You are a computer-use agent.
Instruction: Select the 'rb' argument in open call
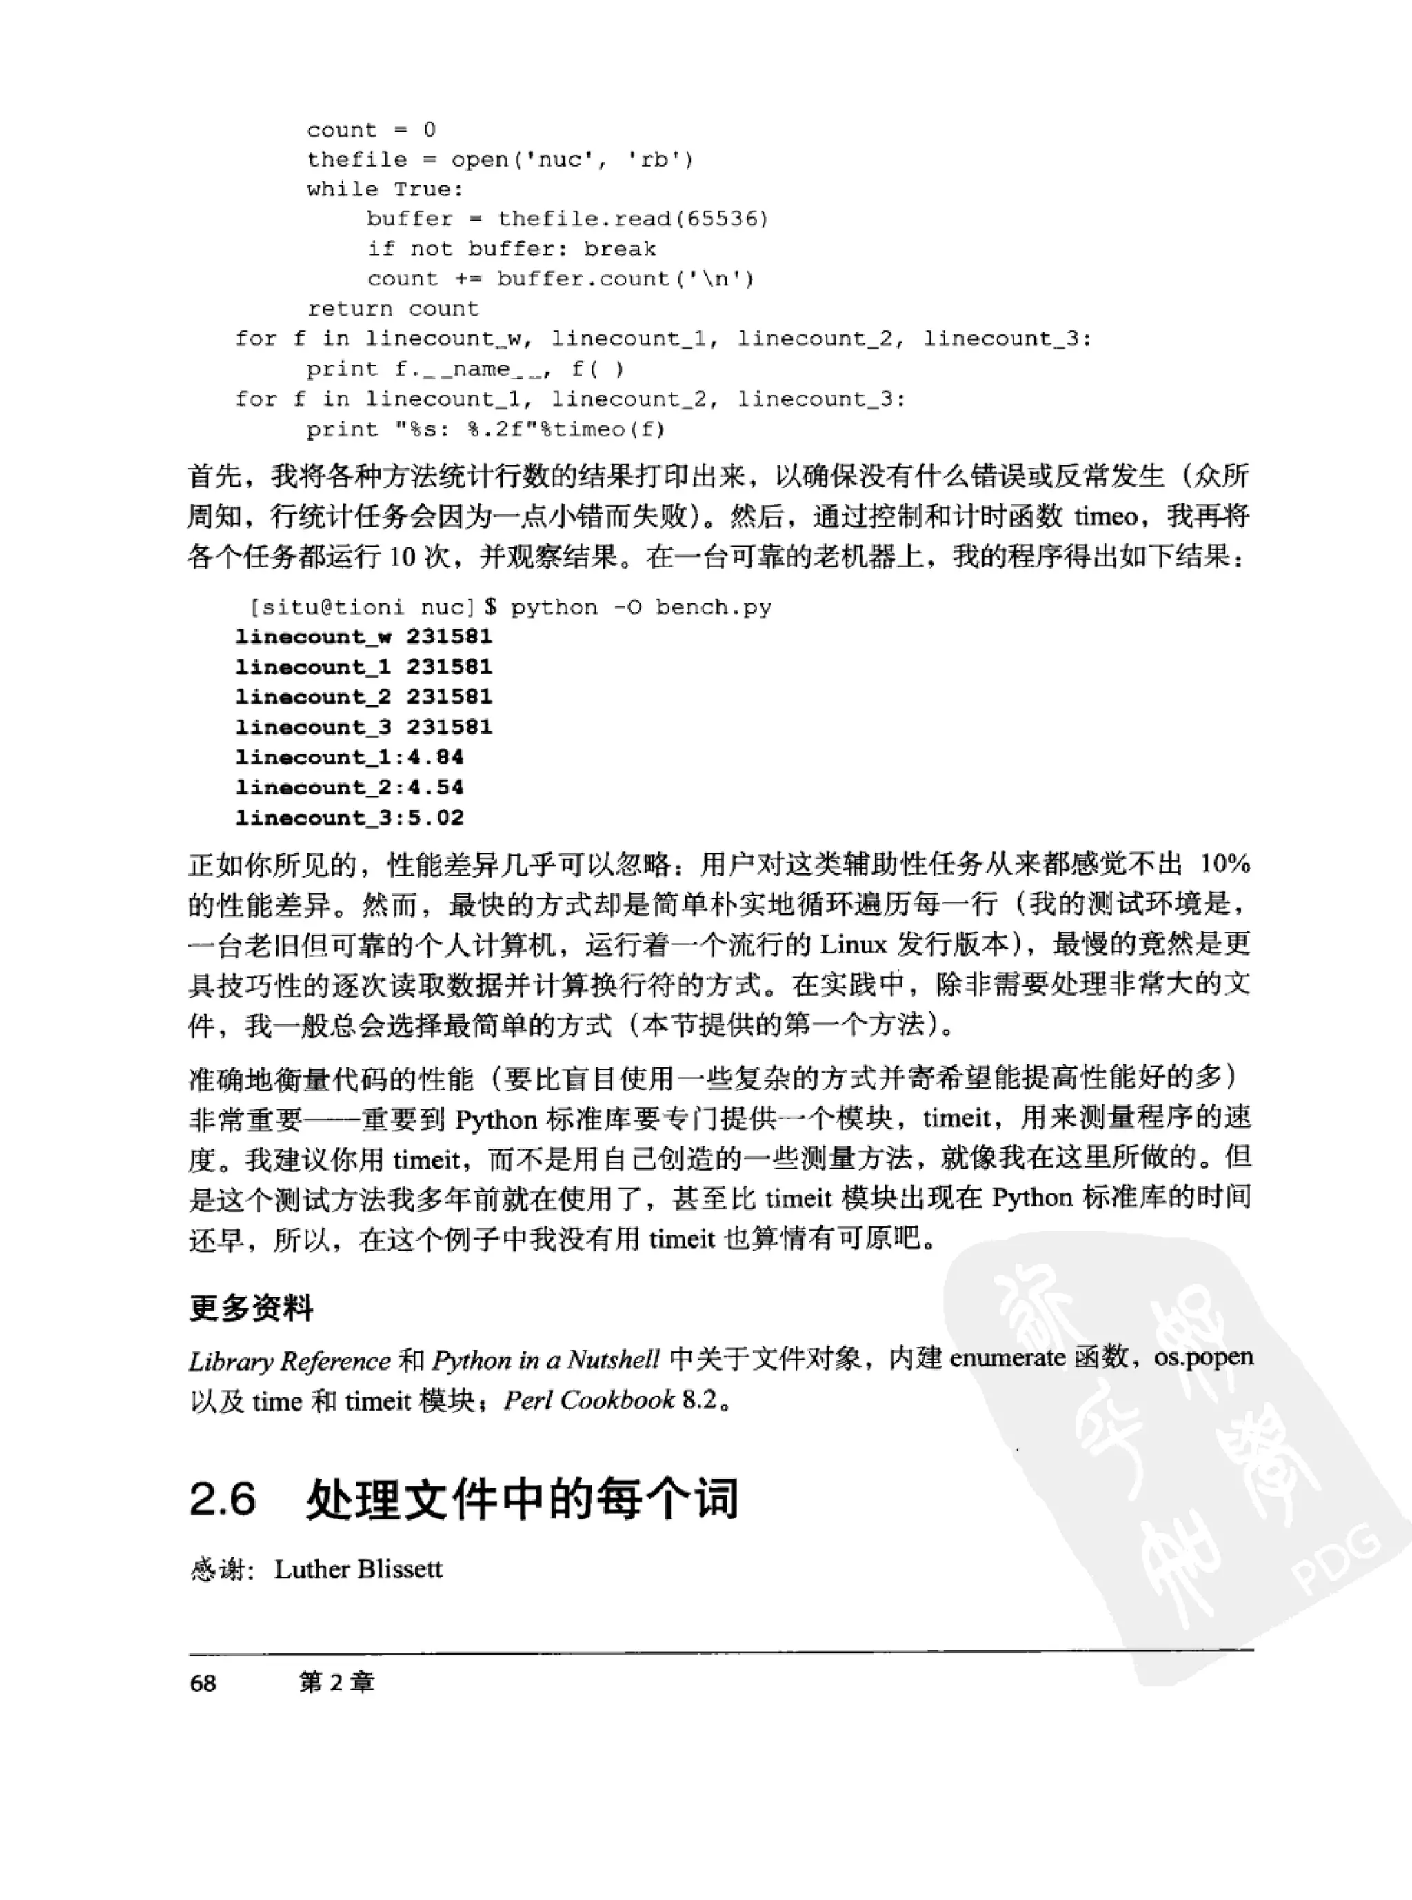(x=654, y=160)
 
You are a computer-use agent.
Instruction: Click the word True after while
(x=428, y=190)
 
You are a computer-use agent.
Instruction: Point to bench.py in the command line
(x=714, y=607)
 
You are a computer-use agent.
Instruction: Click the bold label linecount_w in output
(x=314, y=637)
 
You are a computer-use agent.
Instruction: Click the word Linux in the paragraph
(x=853, y=944)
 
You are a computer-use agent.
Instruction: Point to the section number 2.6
(x=222, y=1499)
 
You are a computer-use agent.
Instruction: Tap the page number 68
(x=203, y=1684)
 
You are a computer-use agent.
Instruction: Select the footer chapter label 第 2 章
(x=336, y=1683)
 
